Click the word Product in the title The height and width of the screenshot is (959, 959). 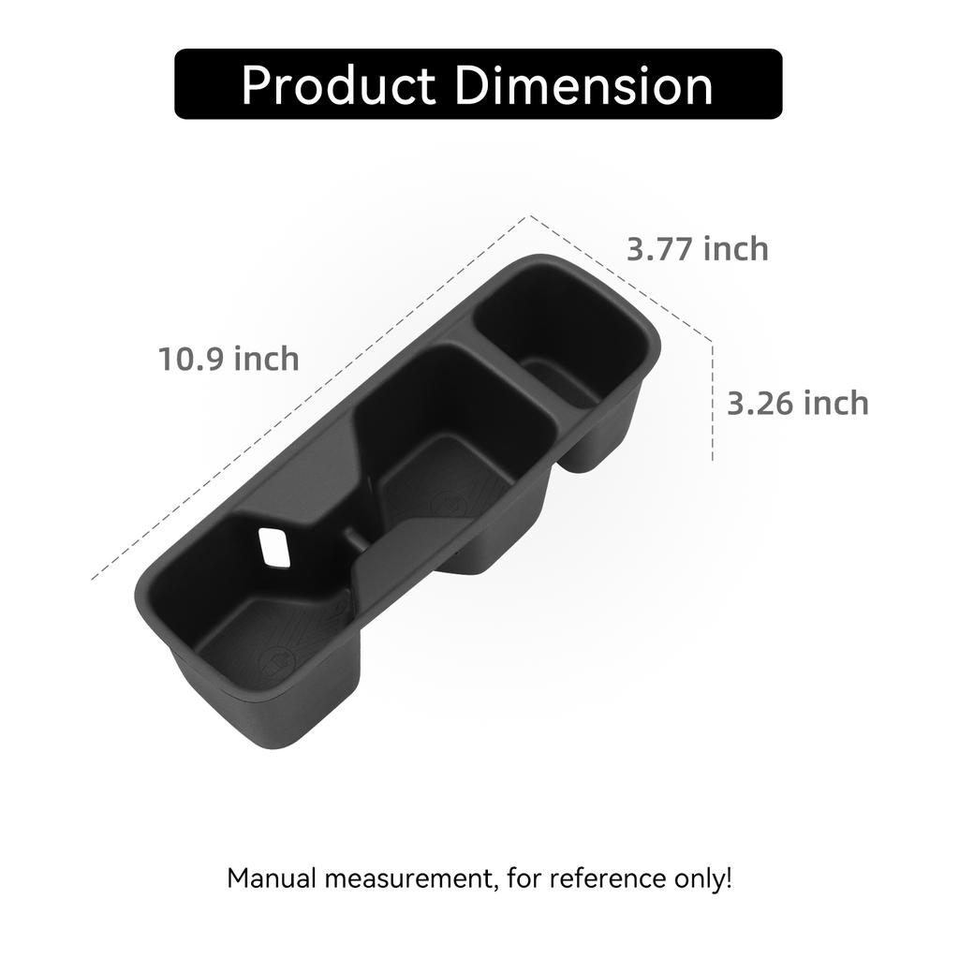point(338,86)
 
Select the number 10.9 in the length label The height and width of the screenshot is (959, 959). point(190,359)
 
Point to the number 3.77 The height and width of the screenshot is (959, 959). point(660,249)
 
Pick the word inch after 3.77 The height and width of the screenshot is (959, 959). point(736,249)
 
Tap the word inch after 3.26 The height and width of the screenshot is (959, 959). point(836,404)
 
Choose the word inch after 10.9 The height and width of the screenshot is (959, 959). point(266,359)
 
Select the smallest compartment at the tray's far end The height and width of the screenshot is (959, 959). point(562,351)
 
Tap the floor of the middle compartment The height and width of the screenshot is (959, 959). point(450,478)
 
